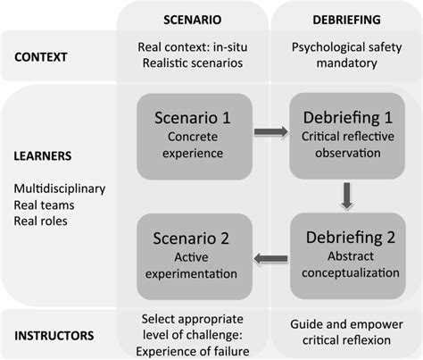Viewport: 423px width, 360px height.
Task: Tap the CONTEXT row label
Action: coord(44,58)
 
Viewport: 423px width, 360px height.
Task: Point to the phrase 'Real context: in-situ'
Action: coord(192,47)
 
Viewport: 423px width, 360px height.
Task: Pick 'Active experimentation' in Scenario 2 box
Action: coord(191,266)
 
